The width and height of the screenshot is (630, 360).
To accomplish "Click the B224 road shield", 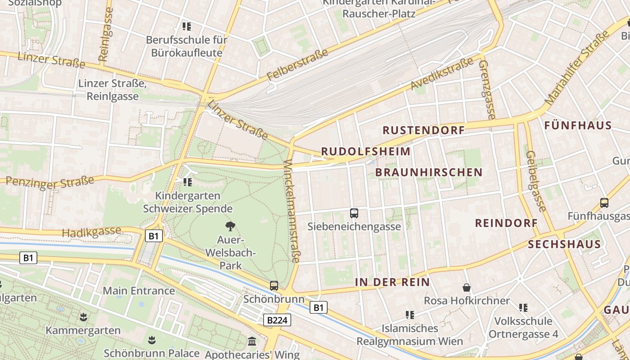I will tap(277, 320).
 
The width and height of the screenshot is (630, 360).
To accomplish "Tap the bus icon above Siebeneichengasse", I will tap(354, 213).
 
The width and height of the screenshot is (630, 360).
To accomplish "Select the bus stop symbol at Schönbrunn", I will tap(274, 285).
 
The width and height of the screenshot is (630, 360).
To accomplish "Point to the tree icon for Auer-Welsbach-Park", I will tap(230, 226).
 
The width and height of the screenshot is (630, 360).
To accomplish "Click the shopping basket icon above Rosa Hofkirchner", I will tap(467, 287).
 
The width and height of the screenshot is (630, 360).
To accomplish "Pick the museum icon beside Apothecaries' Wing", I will tap(252, 342).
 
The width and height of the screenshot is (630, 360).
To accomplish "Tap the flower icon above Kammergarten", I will tap(83, 317).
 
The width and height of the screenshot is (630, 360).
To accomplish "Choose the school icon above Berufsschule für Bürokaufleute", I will tap(187, 27).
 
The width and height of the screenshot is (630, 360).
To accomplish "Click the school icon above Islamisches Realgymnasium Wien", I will tap(409, 315).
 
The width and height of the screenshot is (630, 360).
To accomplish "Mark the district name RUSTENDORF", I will tap(423, 130).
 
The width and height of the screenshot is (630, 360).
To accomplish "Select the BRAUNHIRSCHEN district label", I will tap(428, 172).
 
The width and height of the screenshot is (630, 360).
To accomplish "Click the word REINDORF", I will tap(506, 223).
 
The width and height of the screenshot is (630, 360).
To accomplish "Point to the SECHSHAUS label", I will tap(564, 244).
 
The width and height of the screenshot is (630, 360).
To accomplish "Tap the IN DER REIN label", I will tap(392, 283).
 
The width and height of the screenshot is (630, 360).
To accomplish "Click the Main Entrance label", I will tap(139, 291).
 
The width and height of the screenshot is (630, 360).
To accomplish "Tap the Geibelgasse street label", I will tap(536, 181).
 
